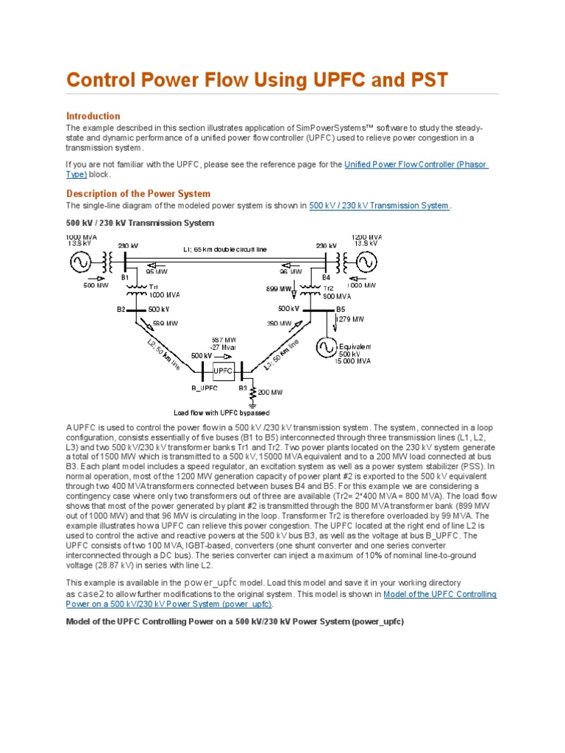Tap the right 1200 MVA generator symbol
[x=366, y=262]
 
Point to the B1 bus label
[x=125, y=277]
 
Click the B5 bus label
[x=340, y=309]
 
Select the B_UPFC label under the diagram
[x=206, y=388]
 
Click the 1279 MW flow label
[x=350, y=319]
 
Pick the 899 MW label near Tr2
[x=277, y=289]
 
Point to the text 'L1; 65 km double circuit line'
[x=225, y=249]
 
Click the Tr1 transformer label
[x=154, y=286]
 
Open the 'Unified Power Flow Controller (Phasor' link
[x=416, y=164]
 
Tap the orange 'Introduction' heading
[x=93, y=116]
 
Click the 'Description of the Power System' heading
[x=138, y=193]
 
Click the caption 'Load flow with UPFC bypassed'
[x=221, y=413]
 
